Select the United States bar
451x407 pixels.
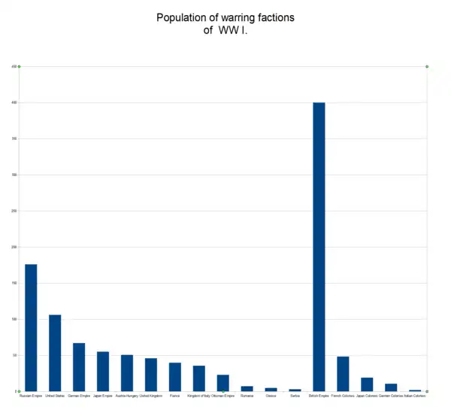coord(55,352)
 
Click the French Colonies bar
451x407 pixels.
coord(343,373)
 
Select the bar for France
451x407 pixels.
coord(175,376)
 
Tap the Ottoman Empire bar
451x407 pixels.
coord(223,382)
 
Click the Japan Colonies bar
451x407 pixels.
coord(367,384)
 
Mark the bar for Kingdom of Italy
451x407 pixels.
coord(199,378)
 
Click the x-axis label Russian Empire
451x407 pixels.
coord(31,396)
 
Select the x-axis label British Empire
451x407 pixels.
coord(319,396)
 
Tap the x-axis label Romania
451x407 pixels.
coord(247,396)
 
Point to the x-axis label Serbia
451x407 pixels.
coord(295,396)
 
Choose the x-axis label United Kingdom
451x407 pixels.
coord(151,396)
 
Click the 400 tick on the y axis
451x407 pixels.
coord(14,102)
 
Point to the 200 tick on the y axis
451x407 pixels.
coord(14,247)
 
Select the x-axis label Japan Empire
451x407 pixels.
coord(103,396)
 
